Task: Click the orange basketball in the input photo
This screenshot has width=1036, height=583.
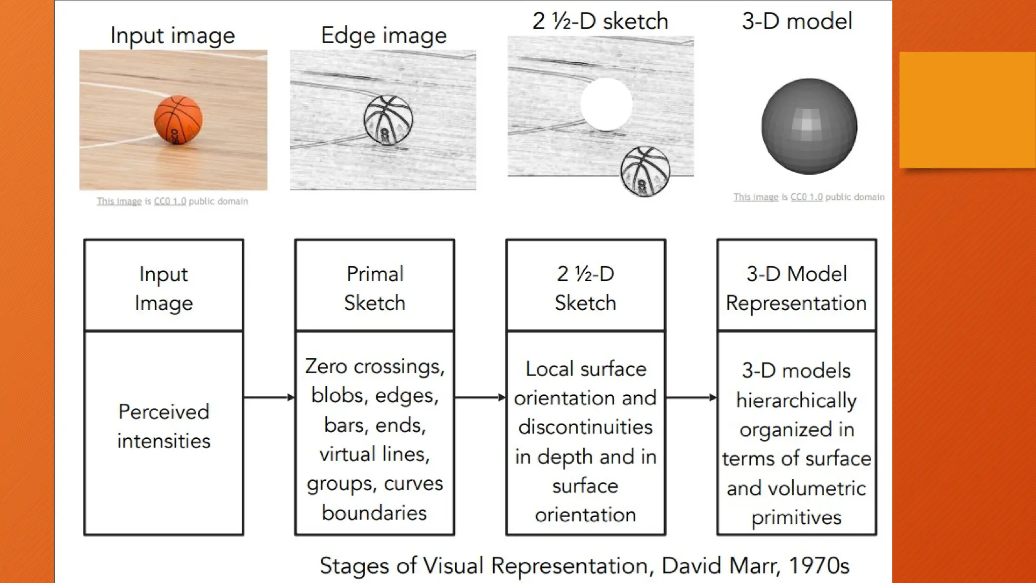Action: point(178,120)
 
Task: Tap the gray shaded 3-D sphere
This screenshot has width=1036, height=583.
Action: point(809,126)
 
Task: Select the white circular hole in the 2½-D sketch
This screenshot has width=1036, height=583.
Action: point(606,104)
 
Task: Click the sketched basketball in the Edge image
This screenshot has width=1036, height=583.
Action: point(388,120)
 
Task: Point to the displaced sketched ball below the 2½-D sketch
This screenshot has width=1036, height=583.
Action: point(645,171)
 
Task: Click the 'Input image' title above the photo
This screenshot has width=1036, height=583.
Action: point(172,35)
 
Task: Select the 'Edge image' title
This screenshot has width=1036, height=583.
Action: point(383,35)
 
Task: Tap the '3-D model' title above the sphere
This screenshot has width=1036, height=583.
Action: point(797,21)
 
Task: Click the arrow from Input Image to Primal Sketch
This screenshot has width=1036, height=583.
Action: point(269,397)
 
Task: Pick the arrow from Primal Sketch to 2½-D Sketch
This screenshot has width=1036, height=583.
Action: point(480,397)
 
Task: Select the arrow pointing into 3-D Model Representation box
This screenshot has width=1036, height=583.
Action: point(691,397)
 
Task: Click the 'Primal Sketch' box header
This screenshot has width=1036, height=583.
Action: point(375,287)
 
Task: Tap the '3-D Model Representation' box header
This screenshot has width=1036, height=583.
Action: point(796,287)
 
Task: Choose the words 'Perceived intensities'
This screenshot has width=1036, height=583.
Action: point(163,426)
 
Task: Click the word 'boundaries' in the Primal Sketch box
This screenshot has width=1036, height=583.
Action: point(374,513)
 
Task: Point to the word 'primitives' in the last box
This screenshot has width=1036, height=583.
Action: point(796,517)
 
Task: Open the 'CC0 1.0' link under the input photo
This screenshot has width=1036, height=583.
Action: point(169,201)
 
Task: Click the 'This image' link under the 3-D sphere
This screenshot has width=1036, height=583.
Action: point(756,197)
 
